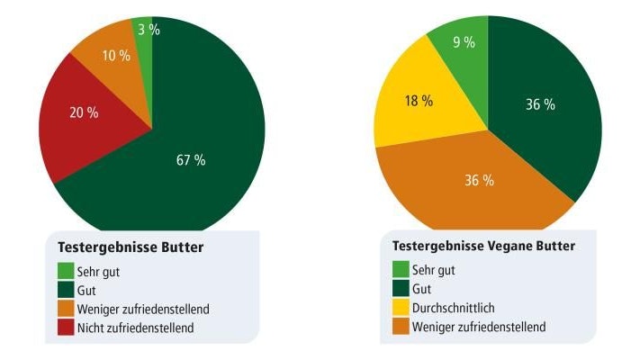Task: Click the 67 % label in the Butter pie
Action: (x=190, y=160)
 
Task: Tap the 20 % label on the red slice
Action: (x=85, y=113)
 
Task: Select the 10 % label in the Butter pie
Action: (x=115, y=56)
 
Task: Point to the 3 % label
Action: (x=149, y=30)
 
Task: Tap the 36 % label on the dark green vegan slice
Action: (x=540, y=104)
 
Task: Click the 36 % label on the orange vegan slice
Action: (x=479, y=180)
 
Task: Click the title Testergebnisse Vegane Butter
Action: (x=483, y=245)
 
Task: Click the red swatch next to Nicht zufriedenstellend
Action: (x=66, y=328)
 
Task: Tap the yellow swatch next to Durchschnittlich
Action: (x=401, y=308)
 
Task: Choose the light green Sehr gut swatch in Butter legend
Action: (x=66, y=270)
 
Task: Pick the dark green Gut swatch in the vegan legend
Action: (x=401, y=289)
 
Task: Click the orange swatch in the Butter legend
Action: (x=66, y=309)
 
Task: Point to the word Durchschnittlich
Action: (x=454, y=308)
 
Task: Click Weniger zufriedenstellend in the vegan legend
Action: (x=479, y=327)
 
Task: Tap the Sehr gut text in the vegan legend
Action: (x=434, y=269)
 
